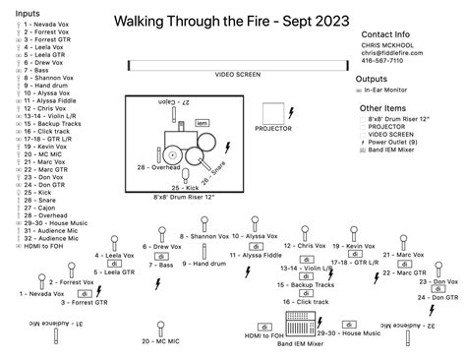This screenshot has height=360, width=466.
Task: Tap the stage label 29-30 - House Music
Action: pyautogui.click(x=348, y=334)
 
